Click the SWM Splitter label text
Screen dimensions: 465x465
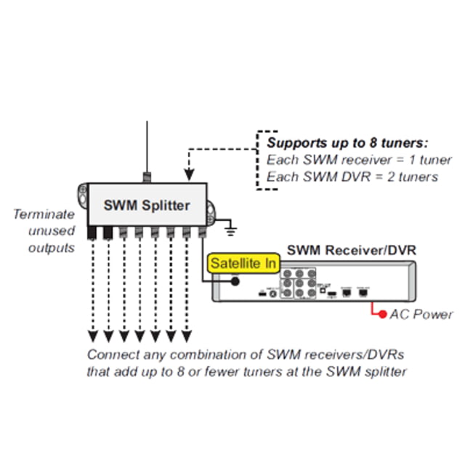pos(147,205)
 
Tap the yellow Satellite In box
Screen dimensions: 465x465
pos(243,263)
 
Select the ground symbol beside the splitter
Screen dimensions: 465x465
pos(230,230)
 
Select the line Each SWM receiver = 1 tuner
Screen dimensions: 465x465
pos(359,160)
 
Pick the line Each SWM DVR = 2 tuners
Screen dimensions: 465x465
pos(352,177)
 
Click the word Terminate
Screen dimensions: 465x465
pos(43,214)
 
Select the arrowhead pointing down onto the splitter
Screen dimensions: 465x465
pos(189,175)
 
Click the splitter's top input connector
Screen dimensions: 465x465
pos(147,177)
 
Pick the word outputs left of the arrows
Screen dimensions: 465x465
pos(51,248)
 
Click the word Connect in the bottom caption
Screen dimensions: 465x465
pos(111,355)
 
